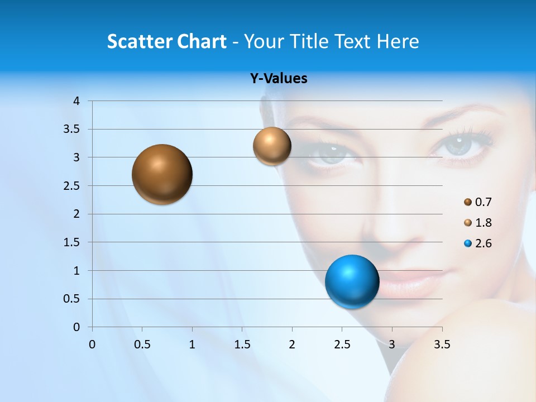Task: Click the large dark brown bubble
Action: click(162, 174)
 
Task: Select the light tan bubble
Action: click(272, 146)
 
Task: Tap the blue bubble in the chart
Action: click(352, 281)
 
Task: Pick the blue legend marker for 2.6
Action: click(468, 243)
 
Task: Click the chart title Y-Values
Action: click(279, 79)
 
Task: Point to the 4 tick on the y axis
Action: click(76, 101)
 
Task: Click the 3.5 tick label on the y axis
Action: click(71, 130)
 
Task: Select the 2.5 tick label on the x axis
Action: click(342, 344)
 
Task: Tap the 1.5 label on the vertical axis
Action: click(71, 242)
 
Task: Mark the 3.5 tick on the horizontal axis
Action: click(442, 344)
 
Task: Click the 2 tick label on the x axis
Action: click(292, 344)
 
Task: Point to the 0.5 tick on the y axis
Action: click(71, 299)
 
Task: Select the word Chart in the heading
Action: click(202, 41)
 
